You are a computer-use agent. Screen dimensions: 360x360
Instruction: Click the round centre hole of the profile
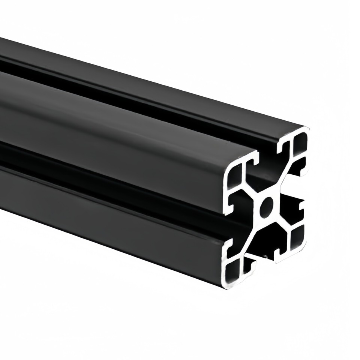point(267,206)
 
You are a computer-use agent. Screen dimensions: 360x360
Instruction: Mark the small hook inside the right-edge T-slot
point(301,207)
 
